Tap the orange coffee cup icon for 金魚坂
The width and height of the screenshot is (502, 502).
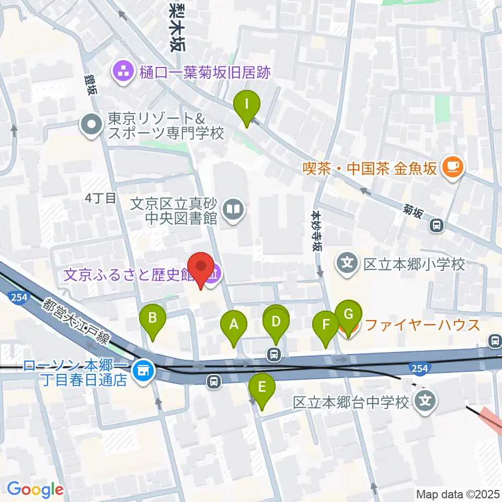(x=451, y=167)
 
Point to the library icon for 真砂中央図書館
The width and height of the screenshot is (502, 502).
(x=233, y=210)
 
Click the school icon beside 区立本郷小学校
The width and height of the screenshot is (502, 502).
(x=348, y=265)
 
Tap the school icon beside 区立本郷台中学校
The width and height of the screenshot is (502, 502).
(x=425, y=402)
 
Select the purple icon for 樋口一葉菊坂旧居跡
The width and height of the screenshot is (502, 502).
(x=124, y=72)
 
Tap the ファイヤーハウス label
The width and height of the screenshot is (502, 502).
(x=423, y=325)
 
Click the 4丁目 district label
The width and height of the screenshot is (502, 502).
(x=100, y=198)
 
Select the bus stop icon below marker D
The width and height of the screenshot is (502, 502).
(x=273, y=355)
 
